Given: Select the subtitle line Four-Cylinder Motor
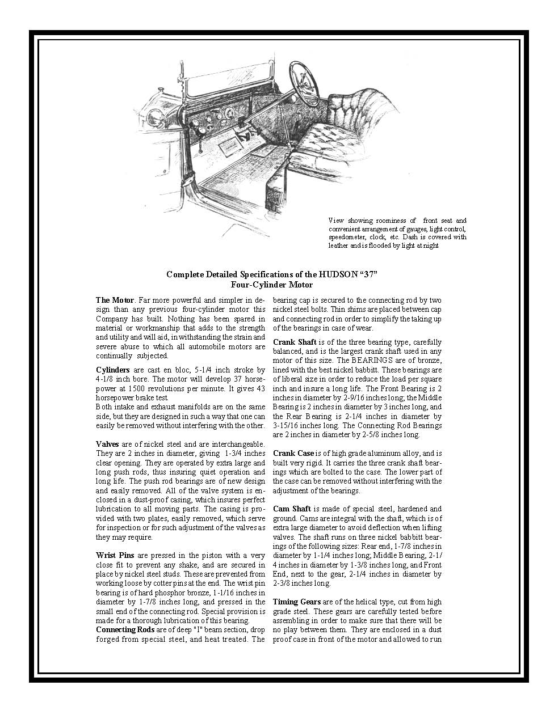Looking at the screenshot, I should point(272,285).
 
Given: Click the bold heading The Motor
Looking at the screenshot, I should point(115,301).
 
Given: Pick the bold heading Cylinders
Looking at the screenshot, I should point(112,370).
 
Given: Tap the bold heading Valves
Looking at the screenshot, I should point(107,444).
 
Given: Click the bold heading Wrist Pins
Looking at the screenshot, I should point(115,556).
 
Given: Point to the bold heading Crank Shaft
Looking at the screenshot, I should point(294,342).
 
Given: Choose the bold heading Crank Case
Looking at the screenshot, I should point(293,454).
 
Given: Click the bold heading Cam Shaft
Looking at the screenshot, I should point(292,509).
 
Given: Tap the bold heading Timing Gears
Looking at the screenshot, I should point(296,602).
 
